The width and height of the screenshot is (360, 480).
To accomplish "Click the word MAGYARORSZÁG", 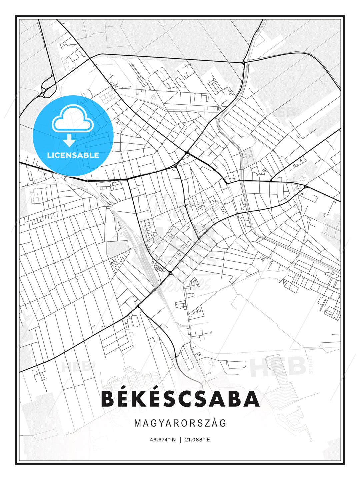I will [x=180, y=423].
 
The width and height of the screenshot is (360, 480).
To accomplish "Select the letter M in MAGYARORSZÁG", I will [x=137, y=423].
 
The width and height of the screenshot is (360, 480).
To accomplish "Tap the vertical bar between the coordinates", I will [x=180, y=440].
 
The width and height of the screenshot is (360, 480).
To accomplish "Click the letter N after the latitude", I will [x=173, y=440].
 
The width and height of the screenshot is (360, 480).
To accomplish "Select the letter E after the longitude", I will [x=208, y=440].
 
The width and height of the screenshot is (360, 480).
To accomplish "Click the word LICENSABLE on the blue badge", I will [x=73, y=155].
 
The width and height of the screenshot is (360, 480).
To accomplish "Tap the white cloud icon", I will [x=72, y=119].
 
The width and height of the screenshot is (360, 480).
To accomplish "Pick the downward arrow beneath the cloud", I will [x=69, y=140].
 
